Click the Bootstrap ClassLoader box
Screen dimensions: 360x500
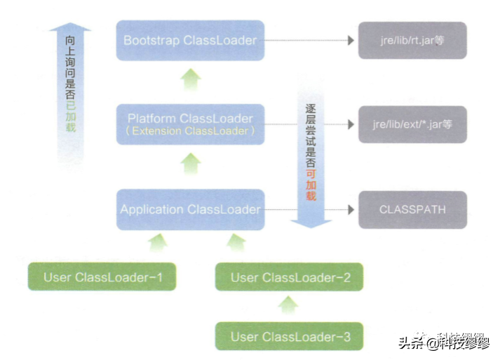click(191, 40)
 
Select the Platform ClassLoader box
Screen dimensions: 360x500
click(191, 124)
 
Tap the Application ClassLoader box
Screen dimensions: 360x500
click(191, 209)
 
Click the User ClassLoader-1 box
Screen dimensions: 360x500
click(102, 277)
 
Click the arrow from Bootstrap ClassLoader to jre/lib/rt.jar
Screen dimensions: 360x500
click(309, 40)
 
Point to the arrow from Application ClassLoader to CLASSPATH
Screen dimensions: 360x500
click(309, 209)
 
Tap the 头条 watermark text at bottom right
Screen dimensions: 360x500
click(414, 343)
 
